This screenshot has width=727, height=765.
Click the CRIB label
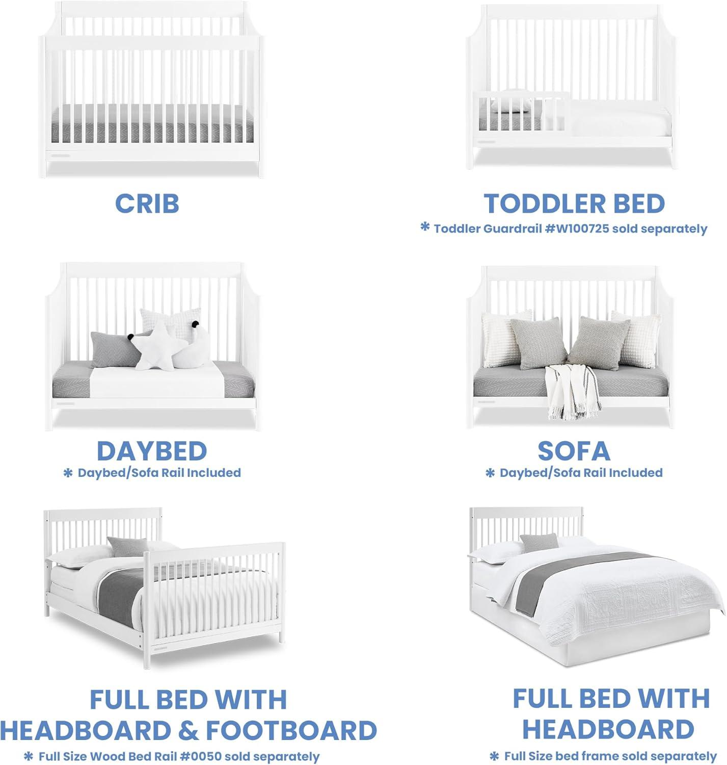pyautogui.click(x=147, y=203)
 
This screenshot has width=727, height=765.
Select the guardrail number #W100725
pyautogui.click(x=576, y=228)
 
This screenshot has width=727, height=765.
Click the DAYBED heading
pyautogui.click(x=152, y=451)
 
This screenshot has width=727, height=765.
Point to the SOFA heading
pyautogui.click(x=574, y=451)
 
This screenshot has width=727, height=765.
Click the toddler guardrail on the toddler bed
pyautogui.click(x=521, y=111)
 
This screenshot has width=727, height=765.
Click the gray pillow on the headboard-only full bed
pyautogui.click(x=539, y=543)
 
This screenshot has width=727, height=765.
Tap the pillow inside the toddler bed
pyautogui.click(x=511, y=106)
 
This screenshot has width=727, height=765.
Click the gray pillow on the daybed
pyautogui.click(x=116, y=349)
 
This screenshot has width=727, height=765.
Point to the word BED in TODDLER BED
pyautogui.click(x=639, y=203)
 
